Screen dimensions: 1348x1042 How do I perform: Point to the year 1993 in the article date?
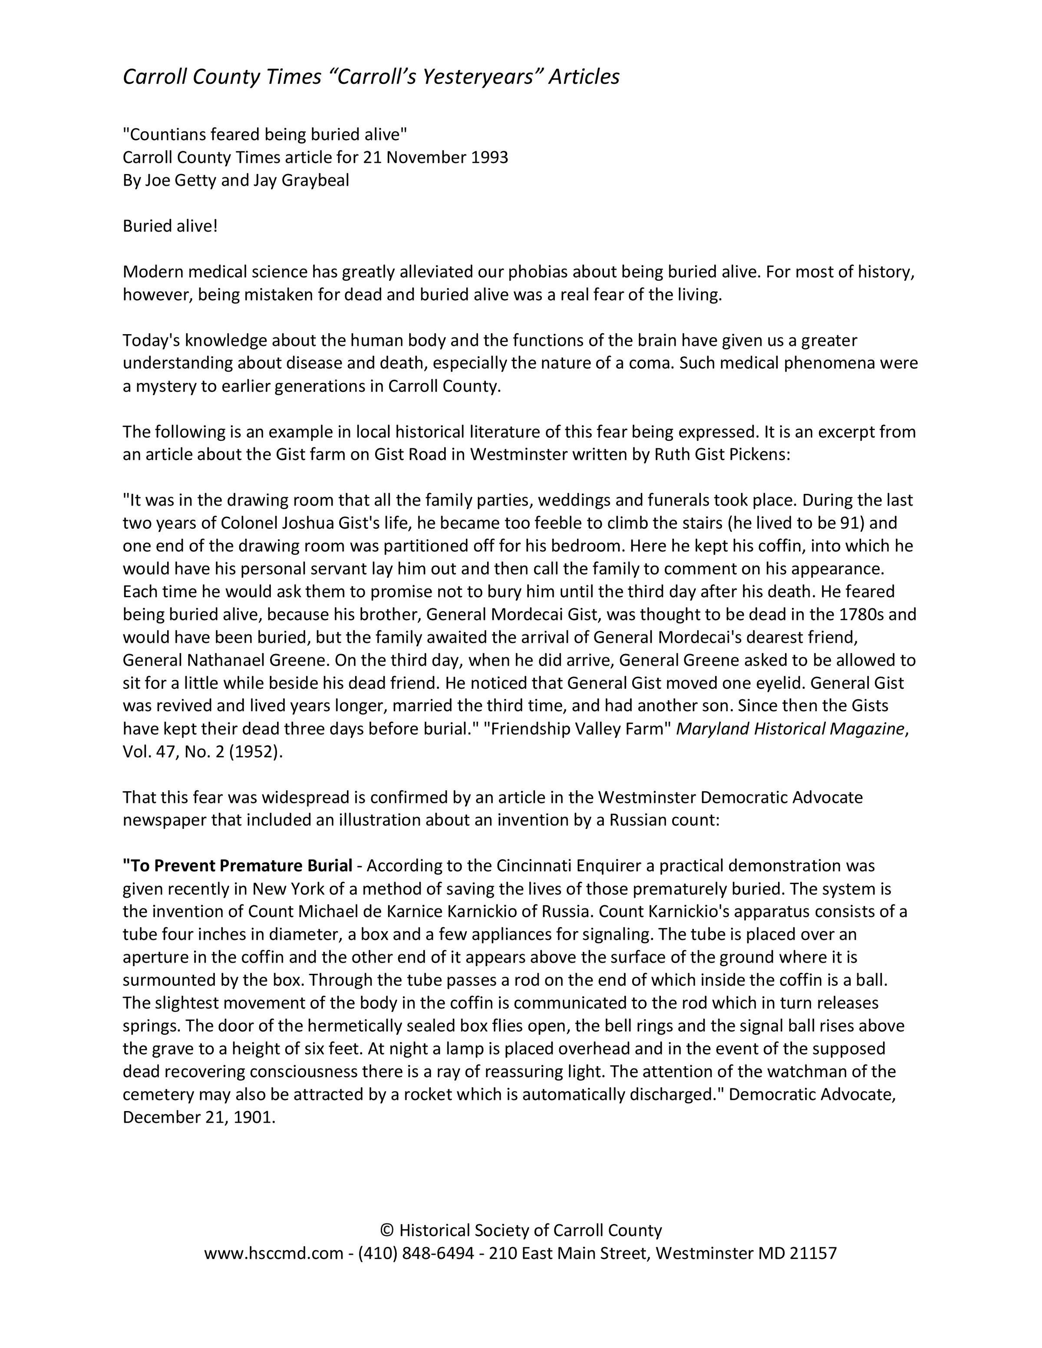coord(489,158)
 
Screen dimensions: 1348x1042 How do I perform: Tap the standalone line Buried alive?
coord(170,226)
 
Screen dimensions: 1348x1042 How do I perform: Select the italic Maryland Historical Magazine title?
coord(790,729)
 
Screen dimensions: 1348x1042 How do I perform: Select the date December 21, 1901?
coord(199,1117)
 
